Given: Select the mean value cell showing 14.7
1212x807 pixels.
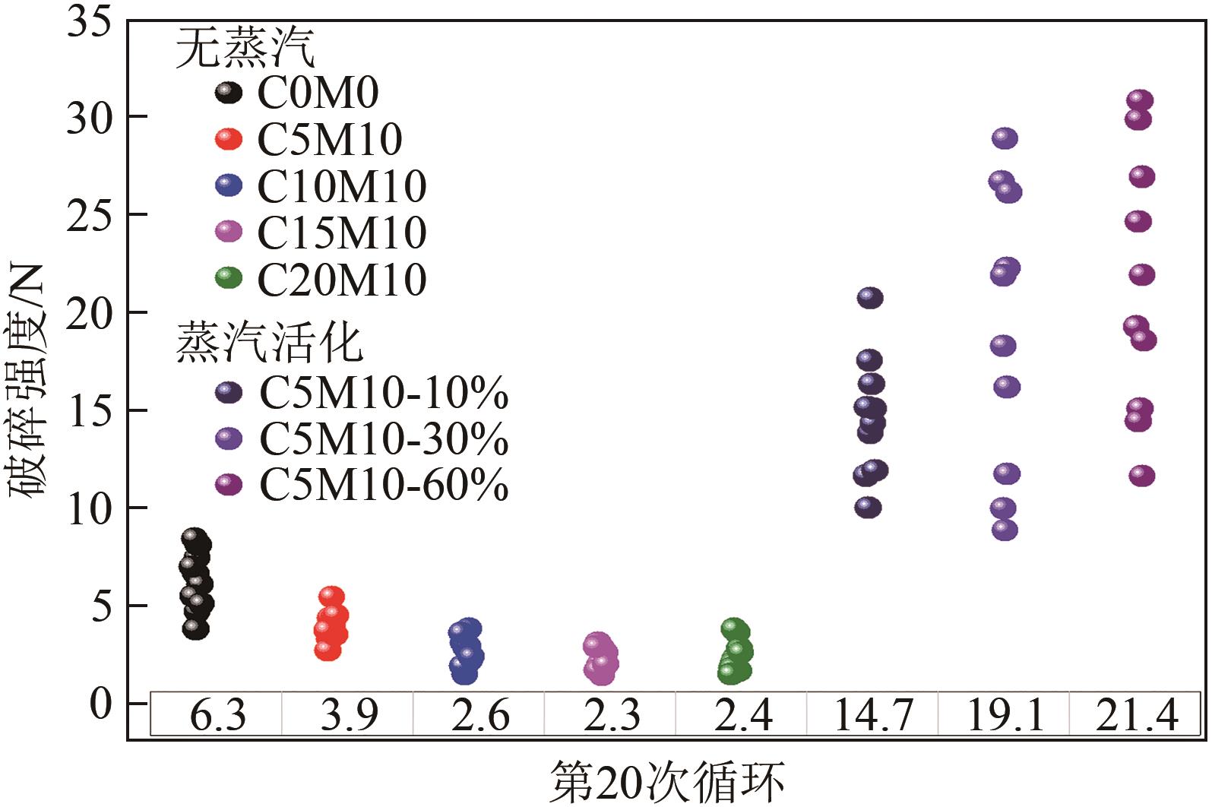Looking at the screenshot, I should [x=872, y=715].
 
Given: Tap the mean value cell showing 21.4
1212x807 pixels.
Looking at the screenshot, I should [x=1136, y=715].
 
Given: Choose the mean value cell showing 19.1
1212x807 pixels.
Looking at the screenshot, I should [x=1005, y=715].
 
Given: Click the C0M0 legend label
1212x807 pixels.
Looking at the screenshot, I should [x=318, y=93].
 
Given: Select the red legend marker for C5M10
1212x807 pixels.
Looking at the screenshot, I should [x=228, y=139].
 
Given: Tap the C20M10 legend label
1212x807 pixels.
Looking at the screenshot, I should [x=342, y=280].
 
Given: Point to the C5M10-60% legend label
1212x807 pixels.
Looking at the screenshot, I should [x=384, y=484].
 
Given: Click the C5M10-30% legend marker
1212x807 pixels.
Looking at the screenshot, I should [x=228, y=438].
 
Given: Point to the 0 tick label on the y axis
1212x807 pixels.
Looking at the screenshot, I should [x=100, y=704].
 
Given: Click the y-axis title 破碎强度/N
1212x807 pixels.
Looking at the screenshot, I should [x=28, y=380].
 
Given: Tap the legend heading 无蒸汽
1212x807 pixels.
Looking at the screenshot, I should [x=245, y=49].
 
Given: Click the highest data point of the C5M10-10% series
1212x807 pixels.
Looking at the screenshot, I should [x=870, y=298].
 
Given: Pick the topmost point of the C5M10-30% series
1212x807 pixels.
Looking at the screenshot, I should [x=1005, y=138].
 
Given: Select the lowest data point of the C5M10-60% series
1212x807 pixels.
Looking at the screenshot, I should [x=1141, y=476].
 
